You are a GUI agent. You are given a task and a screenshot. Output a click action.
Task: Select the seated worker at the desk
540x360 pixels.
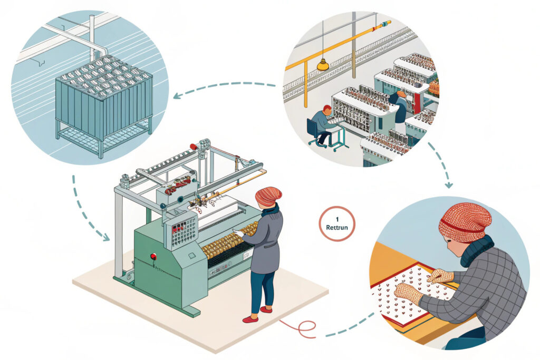point(322,122)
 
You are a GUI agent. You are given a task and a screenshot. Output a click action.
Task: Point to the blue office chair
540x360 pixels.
point(315,132)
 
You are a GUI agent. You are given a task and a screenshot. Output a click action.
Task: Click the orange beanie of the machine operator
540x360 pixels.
point(268,196)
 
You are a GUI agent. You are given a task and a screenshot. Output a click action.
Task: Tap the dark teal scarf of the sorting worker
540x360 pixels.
point(477,250)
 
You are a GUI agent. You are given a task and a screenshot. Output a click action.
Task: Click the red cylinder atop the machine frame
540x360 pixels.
point(194,145)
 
